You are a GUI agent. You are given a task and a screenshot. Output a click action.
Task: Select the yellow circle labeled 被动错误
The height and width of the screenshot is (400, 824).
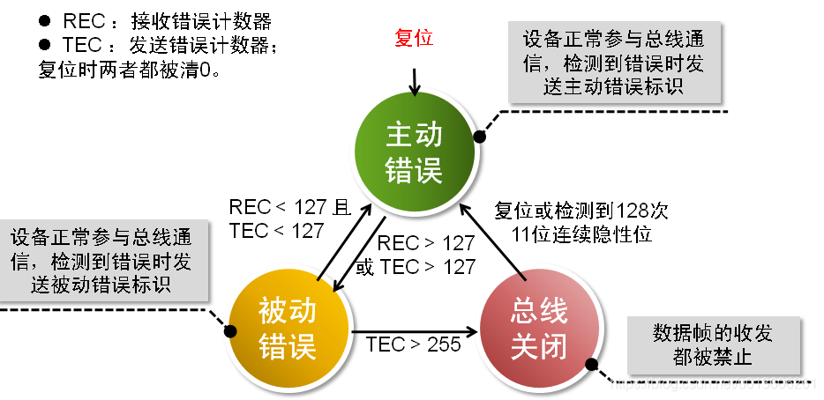(288, 328)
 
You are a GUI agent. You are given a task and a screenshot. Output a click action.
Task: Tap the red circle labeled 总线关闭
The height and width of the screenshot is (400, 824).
(538, 328)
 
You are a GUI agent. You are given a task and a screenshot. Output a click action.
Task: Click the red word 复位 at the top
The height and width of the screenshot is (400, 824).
(414, 39)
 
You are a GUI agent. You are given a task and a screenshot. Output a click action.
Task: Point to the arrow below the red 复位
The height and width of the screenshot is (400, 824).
(414, 78)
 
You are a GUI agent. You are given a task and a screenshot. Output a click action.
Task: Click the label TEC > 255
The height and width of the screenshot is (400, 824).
(414, 344)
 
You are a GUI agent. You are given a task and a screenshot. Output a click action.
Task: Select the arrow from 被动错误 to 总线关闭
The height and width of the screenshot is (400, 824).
(413, 331)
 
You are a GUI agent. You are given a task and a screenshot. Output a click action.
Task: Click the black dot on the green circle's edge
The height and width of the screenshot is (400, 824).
(480, 137)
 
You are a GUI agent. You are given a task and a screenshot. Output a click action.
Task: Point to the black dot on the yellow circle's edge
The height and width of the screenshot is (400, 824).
(232, 331)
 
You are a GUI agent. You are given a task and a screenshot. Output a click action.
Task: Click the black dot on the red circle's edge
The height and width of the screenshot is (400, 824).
(590, 362)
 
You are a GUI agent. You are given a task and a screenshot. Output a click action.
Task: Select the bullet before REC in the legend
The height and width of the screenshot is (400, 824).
(44, 22)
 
